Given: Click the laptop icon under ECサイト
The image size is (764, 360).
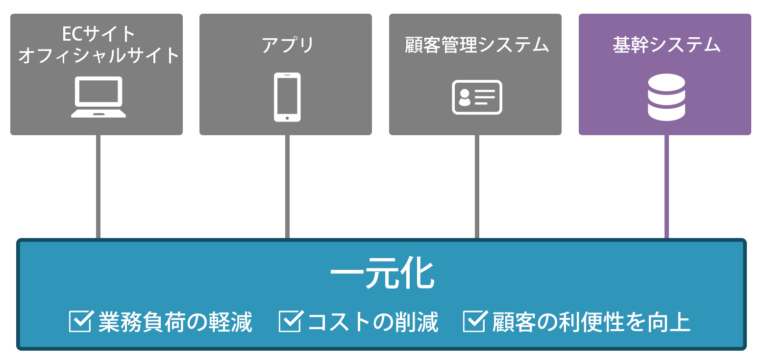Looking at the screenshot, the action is coord(98,97).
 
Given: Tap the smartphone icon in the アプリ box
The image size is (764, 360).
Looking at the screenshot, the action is coord(287,97).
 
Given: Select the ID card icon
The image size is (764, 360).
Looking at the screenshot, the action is coord(477,97).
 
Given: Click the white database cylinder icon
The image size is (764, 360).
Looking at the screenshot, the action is coord(666,97).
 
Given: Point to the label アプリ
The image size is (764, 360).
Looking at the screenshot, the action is coord(287,45).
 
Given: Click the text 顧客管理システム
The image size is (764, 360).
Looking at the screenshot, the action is coord(476,45).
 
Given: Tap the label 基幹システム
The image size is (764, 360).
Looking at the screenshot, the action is coord(666,45).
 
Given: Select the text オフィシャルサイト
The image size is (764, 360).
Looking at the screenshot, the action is coord(98,55).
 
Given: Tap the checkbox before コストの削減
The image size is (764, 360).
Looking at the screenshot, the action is coord(291,321).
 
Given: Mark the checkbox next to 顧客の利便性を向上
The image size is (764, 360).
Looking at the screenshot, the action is coord(475,321).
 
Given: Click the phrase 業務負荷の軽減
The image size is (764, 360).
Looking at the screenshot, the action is coord(175,322).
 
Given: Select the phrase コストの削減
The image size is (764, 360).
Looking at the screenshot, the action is coord(373,322).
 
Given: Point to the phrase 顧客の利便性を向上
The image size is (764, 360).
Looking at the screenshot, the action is coord(591,322).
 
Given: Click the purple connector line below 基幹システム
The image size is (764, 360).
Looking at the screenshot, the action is coord(666,187).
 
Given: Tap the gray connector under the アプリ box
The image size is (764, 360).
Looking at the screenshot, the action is coord(287,187).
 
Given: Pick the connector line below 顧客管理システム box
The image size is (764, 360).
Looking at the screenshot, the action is coord(477,187).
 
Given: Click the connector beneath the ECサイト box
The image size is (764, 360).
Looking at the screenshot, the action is coord(98,187).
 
